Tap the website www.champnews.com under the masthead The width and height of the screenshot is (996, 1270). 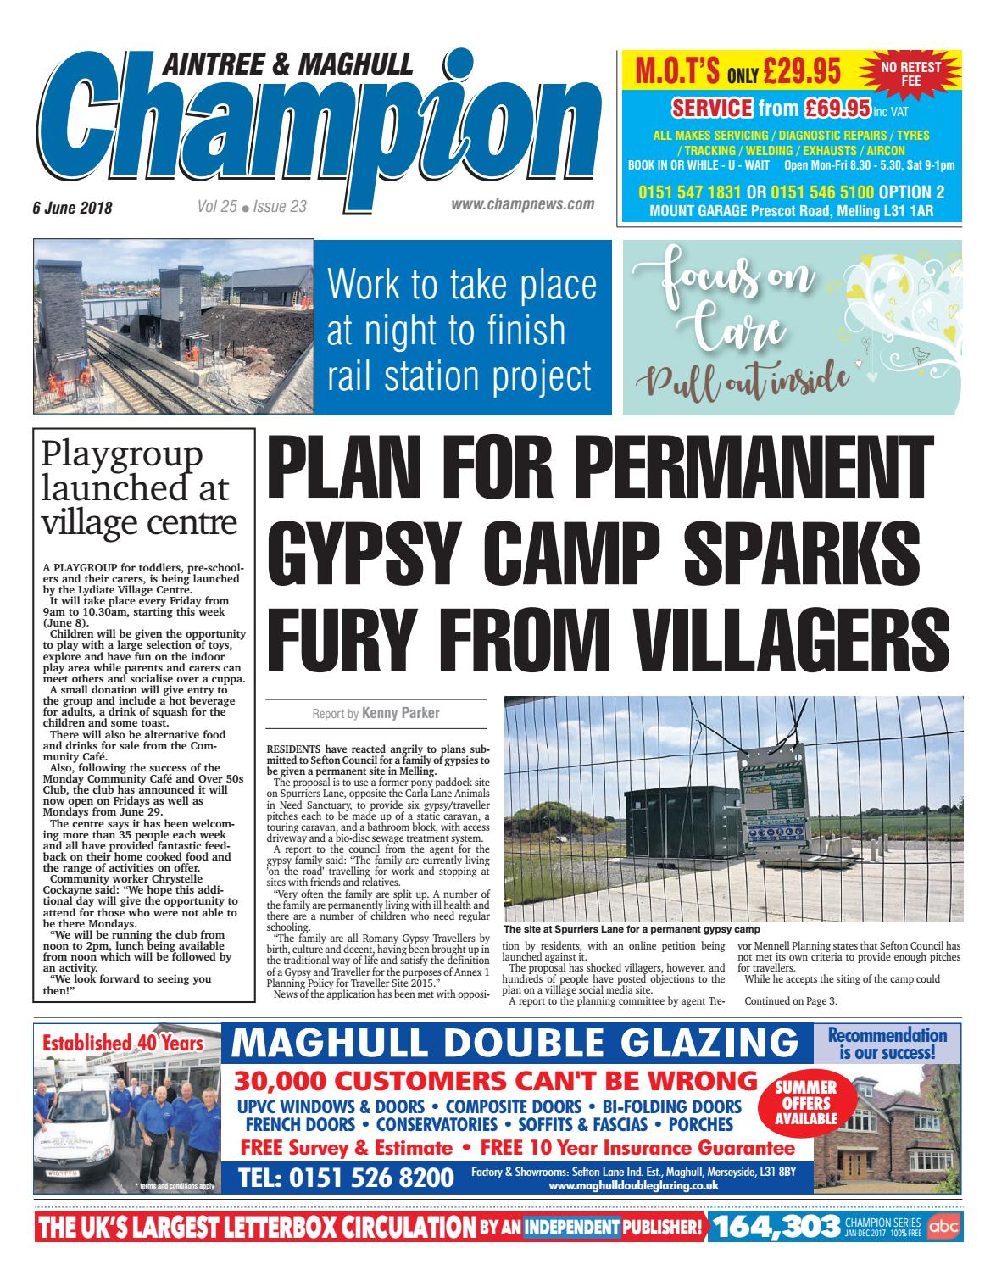[522, 204]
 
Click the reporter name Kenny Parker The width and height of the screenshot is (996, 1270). [401, 713]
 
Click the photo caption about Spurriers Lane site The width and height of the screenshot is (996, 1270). [632, 929]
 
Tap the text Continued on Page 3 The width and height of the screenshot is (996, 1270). [790, 1001]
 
